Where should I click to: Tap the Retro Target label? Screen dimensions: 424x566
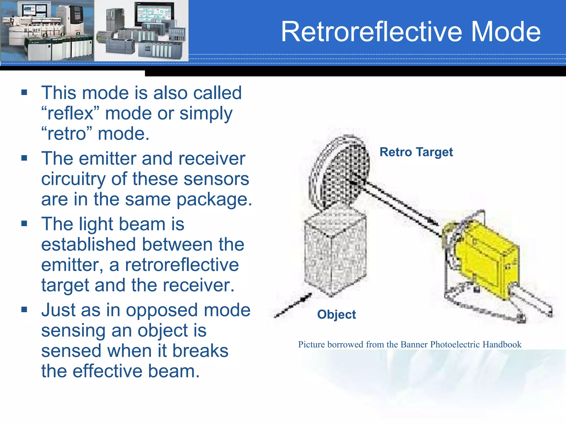click(x=416, y=152)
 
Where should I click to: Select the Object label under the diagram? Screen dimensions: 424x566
click(x=336, y=314)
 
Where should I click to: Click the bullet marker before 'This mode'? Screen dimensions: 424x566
click(x=24, y=92)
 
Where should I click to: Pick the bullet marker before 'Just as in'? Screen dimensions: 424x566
click(x=24, y=309)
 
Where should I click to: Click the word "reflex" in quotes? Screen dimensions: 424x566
click(x=70, y=113)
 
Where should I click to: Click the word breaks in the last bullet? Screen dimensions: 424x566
click(x=200, y=351)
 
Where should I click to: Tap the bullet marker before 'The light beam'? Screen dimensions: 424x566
click(x=24, y=223)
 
